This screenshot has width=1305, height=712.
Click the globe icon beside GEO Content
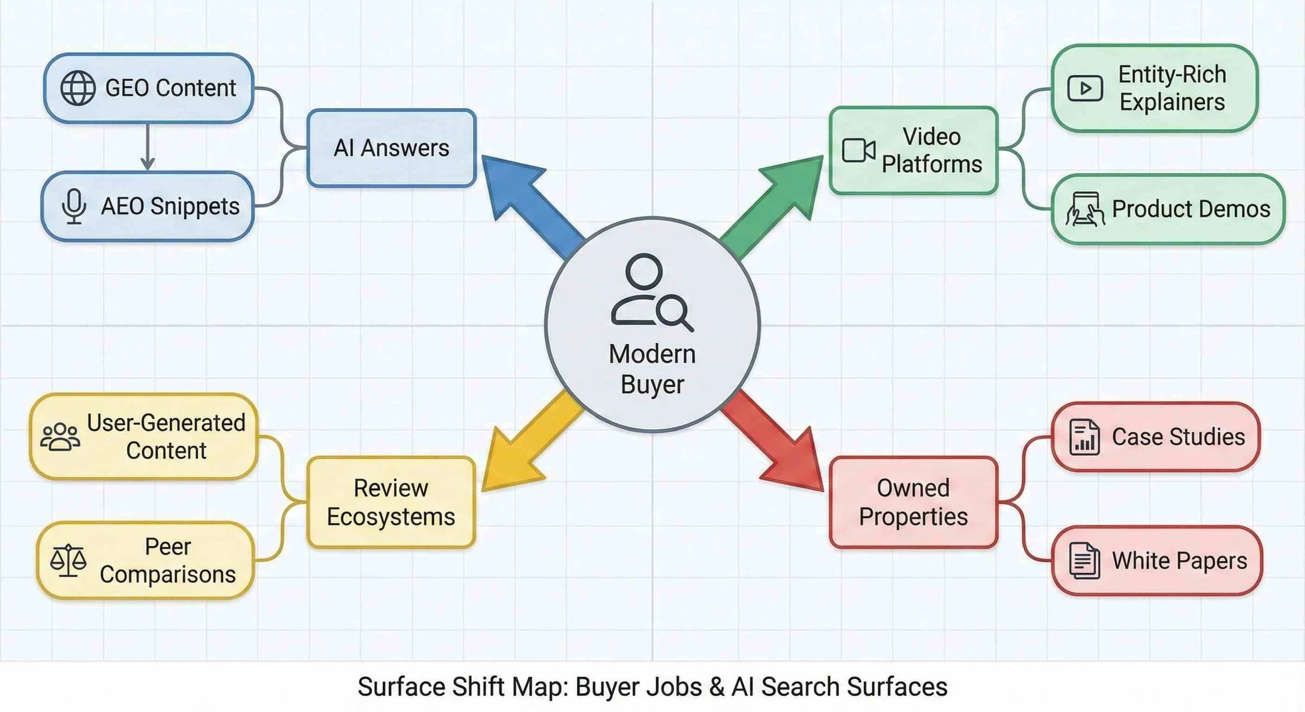[x=78, y=88]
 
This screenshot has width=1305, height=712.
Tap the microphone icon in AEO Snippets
[x=74, y=206]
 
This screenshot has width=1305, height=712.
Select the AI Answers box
[x=391, y=148]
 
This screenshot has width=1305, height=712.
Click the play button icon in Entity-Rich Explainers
[x=1085, y=88]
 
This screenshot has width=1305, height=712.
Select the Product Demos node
[x=1168, y=209]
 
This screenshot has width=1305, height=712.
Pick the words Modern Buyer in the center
[x=652, y=369]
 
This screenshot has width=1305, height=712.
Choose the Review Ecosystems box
[x=391, y=503]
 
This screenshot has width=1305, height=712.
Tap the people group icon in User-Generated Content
[x=61, y=437]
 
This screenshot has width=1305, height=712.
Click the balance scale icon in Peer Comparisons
[x=68, y=561]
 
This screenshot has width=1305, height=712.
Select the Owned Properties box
[x=913, y=503]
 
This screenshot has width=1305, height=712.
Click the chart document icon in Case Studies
[x=1084, y=437]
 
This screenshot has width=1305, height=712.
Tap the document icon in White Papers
[x=1084, y=561]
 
